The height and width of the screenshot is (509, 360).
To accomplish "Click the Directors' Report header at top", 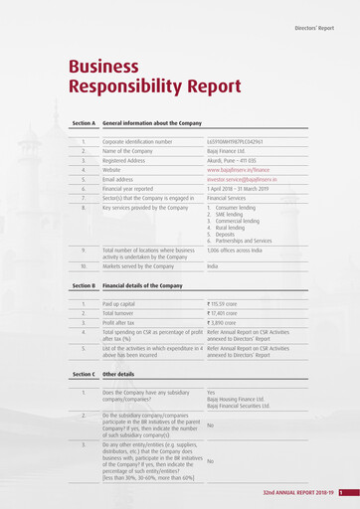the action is (319, 29).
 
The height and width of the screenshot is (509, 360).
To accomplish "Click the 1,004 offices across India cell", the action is (243, 251).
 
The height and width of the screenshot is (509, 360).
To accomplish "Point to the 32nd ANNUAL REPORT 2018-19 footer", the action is (297, 493).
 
